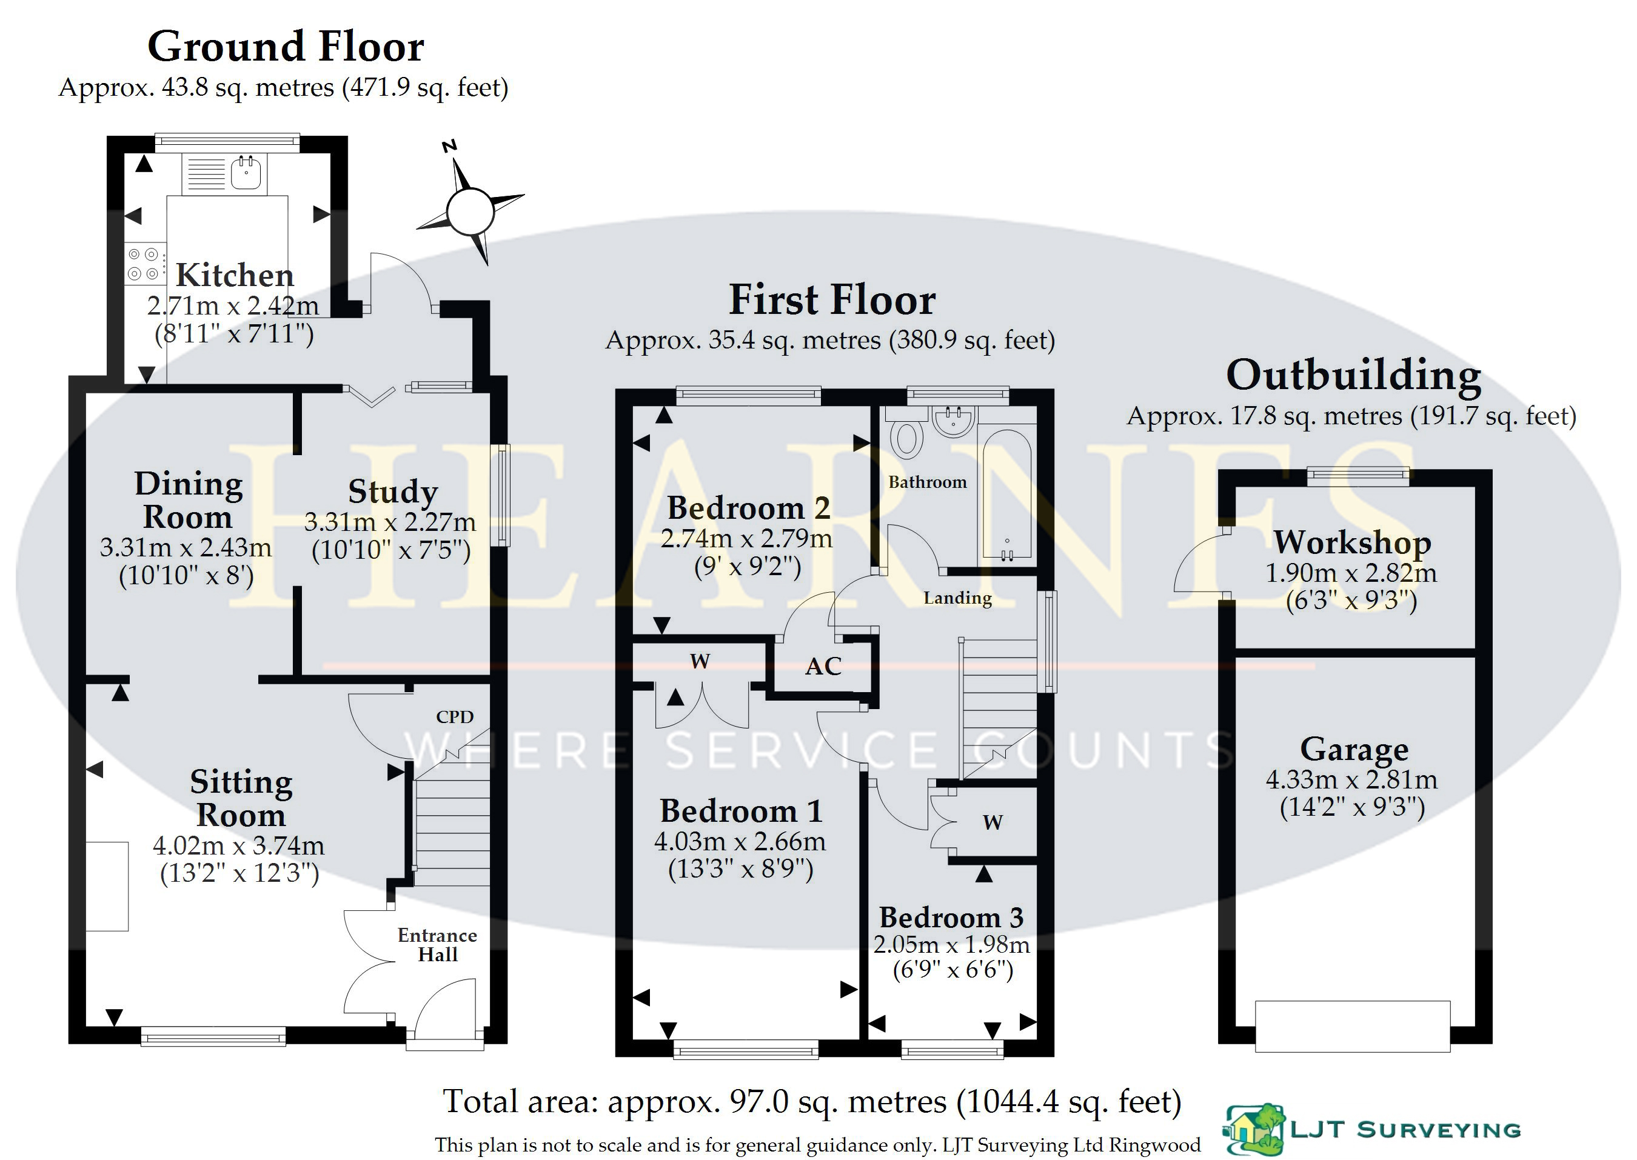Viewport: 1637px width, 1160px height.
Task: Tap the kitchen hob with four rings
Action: [143, 264]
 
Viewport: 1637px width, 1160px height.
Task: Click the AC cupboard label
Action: [823, 667]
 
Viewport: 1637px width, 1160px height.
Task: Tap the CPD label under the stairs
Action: [455, 716]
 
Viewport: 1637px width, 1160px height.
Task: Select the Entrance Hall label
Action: [437, 945]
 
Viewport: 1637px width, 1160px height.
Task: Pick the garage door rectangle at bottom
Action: [1353, 1025]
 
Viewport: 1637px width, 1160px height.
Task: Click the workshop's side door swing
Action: [1200, 564]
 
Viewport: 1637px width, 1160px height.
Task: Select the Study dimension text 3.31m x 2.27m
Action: [390, 522]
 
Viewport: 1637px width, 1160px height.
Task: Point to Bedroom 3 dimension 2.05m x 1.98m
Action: [951, 945]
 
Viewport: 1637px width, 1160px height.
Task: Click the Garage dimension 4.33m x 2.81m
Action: [1351, 779]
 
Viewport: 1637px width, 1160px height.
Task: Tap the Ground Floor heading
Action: [286, 47]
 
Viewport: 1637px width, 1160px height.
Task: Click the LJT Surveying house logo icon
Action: [1254, 1129]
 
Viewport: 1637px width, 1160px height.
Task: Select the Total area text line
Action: [812, 1101]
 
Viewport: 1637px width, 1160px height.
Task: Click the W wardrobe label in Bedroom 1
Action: [700, 661]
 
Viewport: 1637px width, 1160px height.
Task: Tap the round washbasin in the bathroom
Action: [953, 421]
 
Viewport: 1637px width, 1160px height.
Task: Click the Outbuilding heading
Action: [1353, 375]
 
